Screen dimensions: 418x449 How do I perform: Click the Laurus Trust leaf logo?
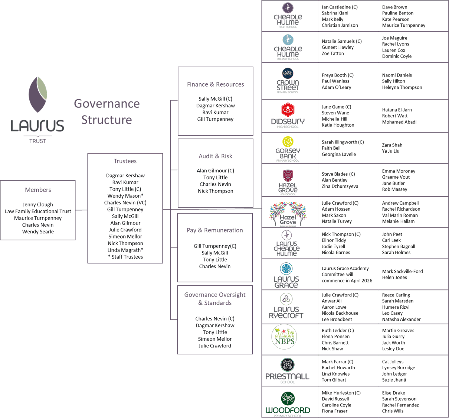[x=38, y=94]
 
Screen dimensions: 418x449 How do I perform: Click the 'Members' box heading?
[x=38, y=190]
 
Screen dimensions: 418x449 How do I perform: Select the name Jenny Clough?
[x=38, y=205]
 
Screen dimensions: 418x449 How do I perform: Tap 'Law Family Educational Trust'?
[x=38, y=211]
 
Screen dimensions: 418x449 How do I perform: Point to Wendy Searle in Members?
[x=38, y=232]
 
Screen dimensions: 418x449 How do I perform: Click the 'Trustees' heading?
[x=125, y=161]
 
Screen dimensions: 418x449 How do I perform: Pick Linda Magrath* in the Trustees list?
[x=125, y=250]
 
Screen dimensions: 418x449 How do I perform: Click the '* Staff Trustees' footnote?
[x=125, y=257]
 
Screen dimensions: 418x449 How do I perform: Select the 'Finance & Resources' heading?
[x=215, y=85]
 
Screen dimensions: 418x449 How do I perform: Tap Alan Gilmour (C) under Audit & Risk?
[x=215, y=171]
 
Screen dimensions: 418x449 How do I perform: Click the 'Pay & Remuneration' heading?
[x=215, y=230]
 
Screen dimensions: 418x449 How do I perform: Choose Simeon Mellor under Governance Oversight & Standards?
[x=215, y=339]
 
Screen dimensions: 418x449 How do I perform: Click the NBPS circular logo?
[x=285, y=337]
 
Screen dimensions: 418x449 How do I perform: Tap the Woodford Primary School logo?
[x=288, y=404]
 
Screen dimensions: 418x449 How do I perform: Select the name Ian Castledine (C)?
[x=340, y=7]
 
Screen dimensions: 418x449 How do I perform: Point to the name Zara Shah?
[x=392, y=145]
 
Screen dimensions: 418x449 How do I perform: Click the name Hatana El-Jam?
[x=397, y=110]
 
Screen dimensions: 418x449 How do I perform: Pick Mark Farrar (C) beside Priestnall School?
[x=337, y=362]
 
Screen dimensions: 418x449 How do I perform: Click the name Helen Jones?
[x=394, y=278]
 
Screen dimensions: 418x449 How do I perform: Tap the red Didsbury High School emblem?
[x=288, y=110]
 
